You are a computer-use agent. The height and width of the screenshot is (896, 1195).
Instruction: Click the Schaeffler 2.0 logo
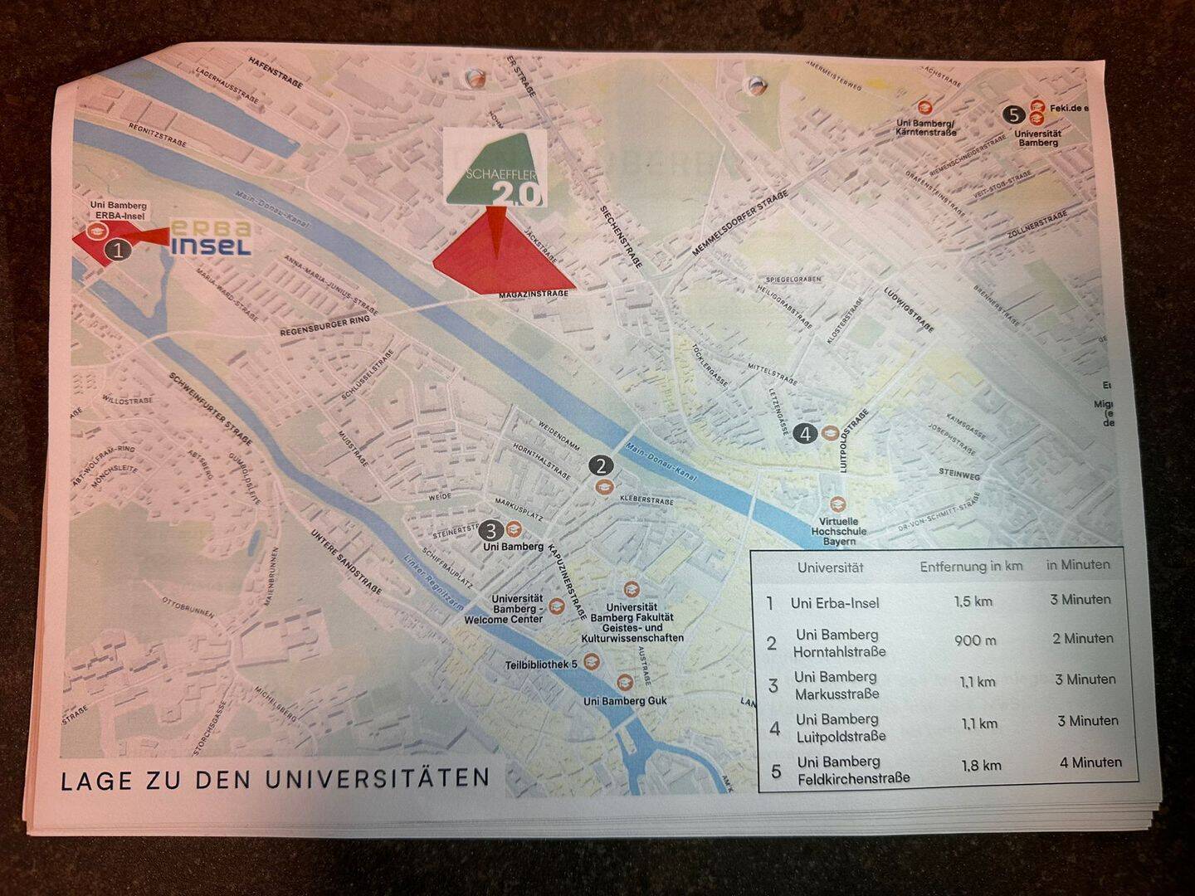pyautogui.click(x=495, y=169)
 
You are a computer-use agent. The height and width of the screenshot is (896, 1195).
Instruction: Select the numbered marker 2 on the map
pyautogui.click(x=601, y=465)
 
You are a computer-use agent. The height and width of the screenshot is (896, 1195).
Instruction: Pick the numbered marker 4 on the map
pyautogui.click(x=803, y=432)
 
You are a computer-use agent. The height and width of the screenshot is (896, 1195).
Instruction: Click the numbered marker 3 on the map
pyautogui.click(x=492, y=529)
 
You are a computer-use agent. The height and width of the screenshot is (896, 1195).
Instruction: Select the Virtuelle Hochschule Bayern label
pyautogui.click(x=838, y=531)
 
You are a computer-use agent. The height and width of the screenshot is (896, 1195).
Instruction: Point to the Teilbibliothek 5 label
pyautogui.click(x=541, y=665)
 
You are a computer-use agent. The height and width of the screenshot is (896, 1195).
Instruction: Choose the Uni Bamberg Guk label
pyautogui.click(x=625, y=701)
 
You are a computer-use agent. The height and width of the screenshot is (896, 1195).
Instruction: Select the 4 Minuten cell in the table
pyautogui.click(x=1090, y=762)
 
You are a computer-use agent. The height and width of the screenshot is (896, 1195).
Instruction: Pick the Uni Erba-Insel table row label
pyautogui.click(x=835, y=603)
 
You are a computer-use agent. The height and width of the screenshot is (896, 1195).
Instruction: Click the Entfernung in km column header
pyautogui.click(x=971, y=567)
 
